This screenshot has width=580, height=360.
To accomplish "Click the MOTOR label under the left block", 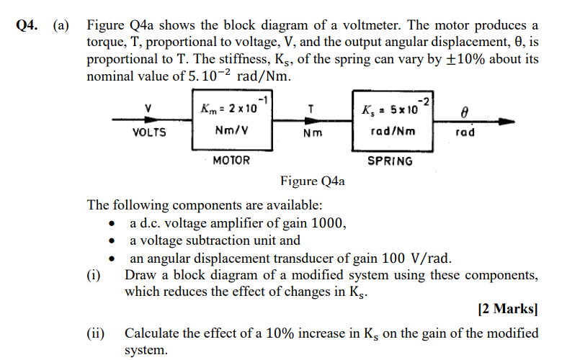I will click(x=231, y=161).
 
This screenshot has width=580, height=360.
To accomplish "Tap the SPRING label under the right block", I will click(x=390, y=161).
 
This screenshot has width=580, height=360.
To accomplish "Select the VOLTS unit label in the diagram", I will click(x=149, y=132).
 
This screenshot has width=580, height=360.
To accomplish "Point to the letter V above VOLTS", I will click(x=148, y=109).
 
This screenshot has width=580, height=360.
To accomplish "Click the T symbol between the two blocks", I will click(x=310, y=109).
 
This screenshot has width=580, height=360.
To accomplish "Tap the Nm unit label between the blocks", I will click(x=312, y=133).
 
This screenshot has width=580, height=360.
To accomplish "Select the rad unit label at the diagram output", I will click(x=465, y=132).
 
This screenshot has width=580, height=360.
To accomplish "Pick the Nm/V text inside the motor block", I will click(x=233, y=132).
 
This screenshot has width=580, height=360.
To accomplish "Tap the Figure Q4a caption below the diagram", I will click(x=312, y=181).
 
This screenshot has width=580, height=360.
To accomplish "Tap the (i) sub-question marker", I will click(x=94, y=276).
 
